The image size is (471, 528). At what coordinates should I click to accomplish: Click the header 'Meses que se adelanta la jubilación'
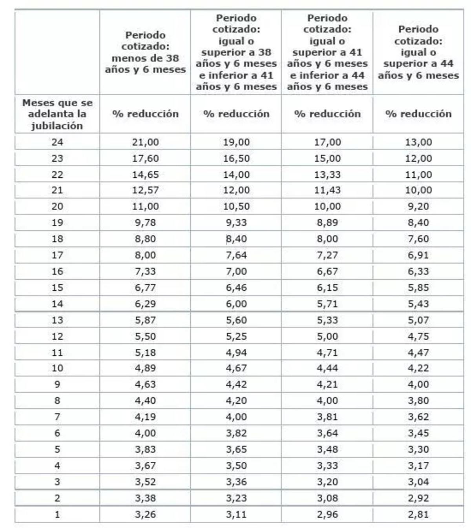57,114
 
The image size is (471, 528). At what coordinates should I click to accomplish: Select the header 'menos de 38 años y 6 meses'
145,52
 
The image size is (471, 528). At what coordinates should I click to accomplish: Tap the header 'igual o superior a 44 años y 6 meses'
418,52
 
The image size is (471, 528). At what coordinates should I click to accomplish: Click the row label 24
57,142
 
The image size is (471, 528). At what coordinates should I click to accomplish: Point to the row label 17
57,255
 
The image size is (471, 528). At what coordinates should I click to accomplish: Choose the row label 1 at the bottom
57,514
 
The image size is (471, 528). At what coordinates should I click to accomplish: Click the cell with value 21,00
145,142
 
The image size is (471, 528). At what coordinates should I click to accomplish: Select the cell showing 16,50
236,158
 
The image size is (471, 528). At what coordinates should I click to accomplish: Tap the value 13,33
327,175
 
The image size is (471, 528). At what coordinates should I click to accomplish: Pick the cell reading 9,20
418,206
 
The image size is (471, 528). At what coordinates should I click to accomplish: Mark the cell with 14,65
145,175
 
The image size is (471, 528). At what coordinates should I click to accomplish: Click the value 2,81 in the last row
418,514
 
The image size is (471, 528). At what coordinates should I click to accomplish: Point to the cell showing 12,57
145,190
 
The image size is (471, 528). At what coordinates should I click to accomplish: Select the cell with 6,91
418,255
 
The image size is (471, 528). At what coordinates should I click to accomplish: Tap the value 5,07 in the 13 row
418,320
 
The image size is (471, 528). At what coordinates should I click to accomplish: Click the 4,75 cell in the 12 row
418,336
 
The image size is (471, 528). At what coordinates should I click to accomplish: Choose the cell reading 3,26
145,514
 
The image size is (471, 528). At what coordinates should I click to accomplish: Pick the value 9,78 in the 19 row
145,223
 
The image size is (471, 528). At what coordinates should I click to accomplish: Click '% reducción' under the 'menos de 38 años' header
145,114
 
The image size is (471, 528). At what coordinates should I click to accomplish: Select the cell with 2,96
327,514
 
